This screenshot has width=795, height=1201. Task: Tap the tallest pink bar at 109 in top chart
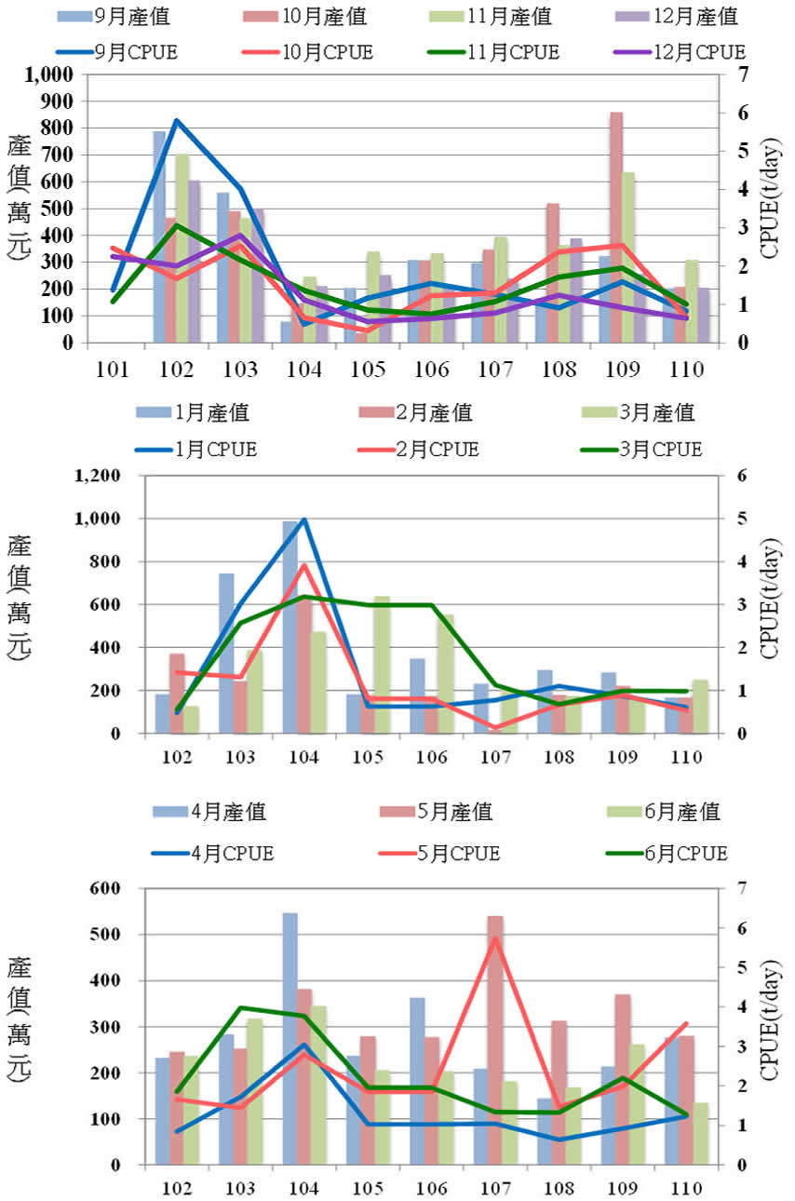616,227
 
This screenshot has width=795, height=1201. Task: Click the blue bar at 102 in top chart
159,236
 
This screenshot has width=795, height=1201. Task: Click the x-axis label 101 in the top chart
113,369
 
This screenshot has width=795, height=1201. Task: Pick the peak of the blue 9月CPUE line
177,120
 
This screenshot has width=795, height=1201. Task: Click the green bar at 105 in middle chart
381,664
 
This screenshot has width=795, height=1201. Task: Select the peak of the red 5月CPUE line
495,938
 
